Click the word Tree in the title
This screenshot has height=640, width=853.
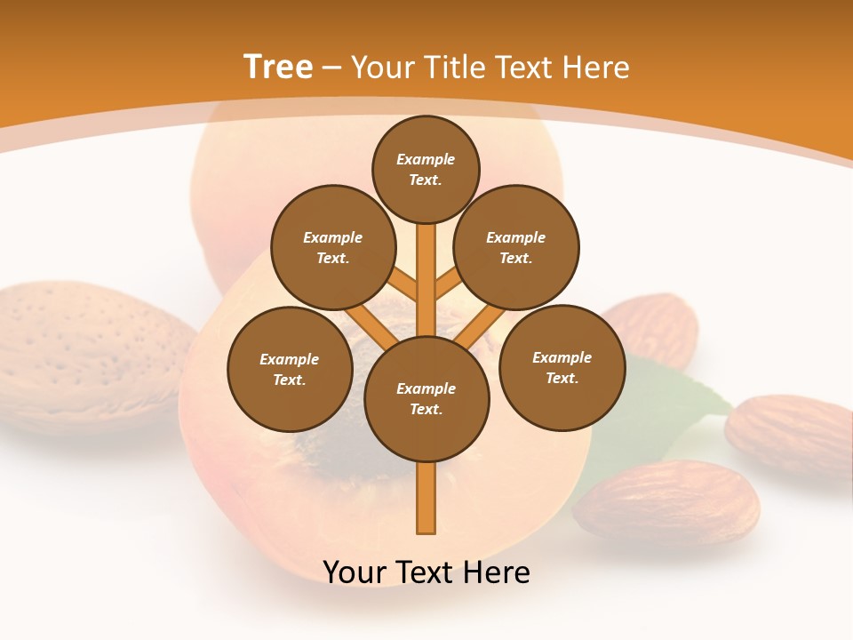278,67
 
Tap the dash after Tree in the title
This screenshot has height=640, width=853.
332,68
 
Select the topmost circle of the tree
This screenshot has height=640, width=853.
426,170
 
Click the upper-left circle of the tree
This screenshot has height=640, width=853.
332,248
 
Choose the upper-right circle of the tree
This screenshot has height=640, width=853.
515,248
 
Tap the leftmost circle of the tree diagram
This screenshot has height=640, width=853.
290,370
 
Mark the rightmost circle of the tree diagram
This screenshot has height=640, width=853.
562,368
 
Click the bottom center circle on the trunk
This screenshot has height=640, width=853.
426,399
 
